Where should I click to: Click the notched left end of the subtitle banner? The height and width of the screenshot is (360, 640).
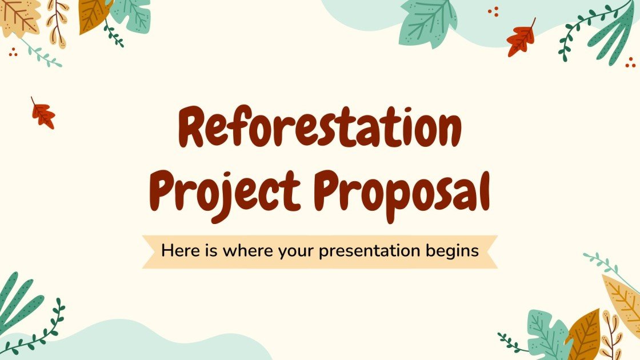(150, 251)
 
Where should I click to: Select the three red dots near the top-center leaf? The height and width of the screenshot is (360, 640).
(494, 11)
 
